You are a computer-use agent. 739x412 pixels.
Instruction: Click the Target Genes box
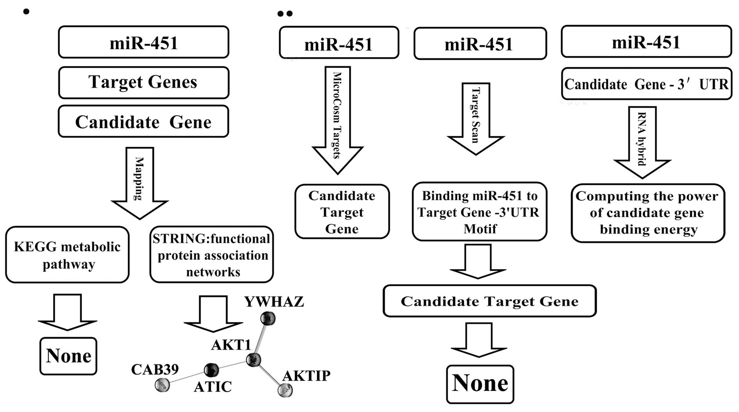click(x=143, y=83)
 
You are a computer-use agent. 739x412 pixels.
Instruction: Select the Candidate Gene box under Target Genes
click(x=143, y=122)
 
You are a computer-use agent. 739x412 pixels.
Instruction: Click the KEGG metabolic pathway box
click(x=67, y=255)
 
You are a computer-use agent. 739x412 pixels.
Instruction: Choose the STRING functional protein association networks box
click(x=212, y=255)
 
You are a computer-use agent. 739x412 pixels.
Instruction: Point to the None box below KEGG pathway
click(x=68, y=356)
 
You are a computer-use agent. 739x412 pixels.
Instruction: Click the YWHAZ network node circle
click(x=268, y=318)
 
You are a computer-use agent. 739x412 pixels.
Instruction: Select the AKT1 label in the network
click(x=231, y=345)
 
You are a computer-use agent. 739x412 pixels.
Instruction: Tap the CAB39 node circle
click(x=162, y=385)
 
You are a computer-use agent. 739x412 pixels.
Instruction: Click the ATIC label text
click(x=213, y=387)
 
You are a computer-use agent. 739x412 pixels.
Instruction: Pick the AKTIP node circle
click(x=285, y=390)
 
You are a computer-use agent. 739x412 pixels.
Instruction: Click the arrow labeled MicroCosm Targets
click(x=337, y=117)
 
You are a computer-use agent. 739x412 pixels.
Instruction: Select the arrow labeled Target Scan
click(x=476, y=117)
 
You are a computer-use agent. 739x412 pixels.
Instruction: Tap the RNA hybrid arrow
click(x=642, y=141)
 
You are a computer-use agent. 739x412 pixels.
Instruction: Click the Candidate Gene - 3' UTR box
click(x=646, y=84)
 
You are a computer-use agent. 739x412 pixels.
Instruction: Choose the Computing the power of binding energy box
click(x=648, y=213)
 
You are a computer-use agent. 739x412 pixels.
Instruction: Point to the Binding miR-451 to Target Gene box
click(x=479, y=212)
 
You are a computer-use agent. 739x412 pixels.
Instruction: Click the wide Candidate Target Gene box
click(x=490, y=301)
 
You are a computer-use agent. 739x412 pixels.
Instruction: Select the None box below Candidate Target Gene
click(x=480, y=384)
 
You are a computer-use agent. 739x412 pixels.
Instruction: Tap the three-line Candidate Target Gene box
click(x=342, y=212)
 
